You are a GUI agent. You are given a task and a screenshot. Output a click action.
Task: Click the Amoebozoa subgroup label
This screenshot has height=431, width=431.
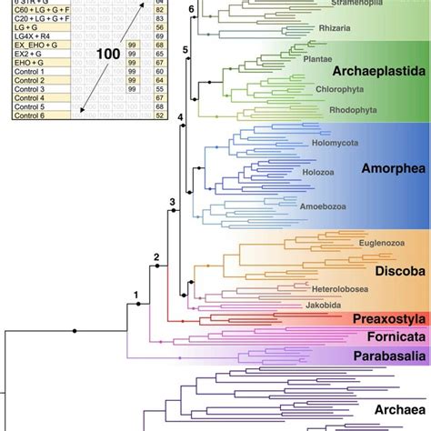325,232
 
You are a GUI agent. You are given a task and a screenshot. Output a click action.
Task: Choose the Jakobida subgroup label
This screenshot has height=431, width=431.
324,306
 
